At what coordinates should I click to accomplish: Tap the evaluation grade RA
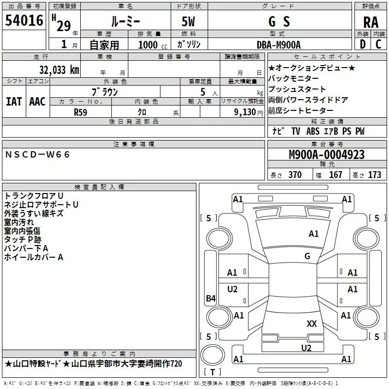[x=371, y=22]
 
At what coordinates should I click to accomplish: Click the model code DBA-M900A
[x=279, y=45]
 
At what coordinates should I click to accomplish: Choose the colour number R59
[x=81, y=111]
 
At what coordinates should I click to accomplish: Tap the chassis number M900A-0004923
[x=326, y=155]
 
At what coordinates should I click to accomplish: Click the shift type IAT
[x=14, y=101]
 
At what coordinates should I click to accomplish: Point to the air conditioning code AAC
[x=37, y=101]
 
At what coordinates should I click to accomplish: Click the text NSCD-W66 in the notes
[x=37, y=154]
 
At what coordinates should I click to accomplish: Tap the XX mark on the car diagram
[x=312, y=323]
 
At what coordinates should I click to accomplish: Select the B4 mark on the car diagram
[x=211, y=299]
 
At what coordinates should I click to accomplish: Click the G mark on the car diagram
[x=307, y=256]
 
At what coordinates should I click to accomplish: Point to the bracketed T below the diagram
[x=212, y=372]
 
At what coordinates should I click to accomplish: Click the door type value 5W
[x=190, y=22]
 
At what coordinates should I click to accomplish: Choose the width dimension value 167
[x=336, y=175]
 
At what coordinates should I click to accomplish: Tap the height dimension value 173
[x=374, y=175]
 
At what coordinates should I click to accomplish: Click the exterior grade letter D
[x=362, y=45]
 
